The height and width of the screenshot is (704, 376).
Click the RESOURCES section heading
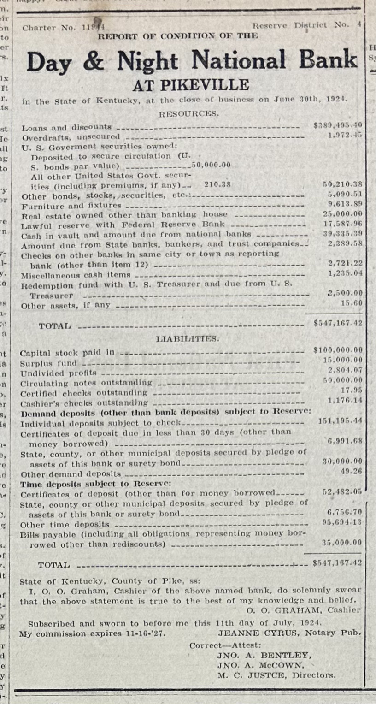point(188,113)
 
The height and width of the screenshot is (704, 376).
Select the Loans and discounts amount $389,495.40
point(337,125)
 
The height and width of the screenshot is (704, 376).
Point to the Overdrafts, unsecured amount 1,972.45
point(345,135)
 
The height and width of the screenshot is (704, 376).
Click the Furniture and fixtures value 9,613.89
point(345,204)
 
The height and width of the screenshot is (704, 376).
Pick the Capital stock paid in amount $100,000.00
point(337,350)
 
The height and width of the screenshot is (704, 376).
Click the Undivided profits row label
point(59,373)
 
